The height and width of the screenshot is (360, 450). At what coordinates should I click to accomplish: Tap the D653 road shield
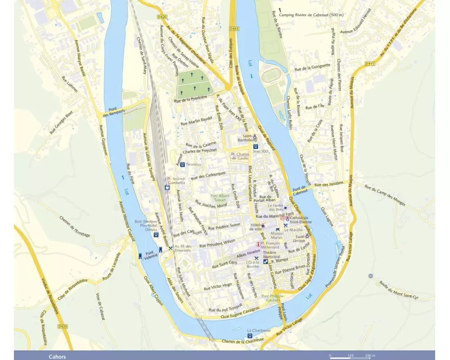pos(233,28)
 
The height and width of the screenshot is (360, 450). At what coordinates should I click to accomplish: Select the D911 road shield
pos(370,63)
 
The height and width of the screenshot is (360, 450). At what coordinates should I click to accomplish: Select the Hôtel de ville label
pos(256,227)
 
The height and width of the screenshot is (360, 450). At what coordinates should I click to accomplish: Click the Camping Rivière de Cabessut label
pos(311,15)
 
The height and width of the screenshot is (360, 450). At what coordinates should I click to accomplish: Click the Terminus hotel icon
pos(182,165)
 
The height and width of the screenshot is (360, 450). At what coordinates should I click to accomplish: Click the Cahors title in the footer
pos(57,357)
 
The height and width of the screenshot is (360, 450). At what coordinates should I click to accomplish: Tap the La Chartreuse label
pos(259,330)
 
